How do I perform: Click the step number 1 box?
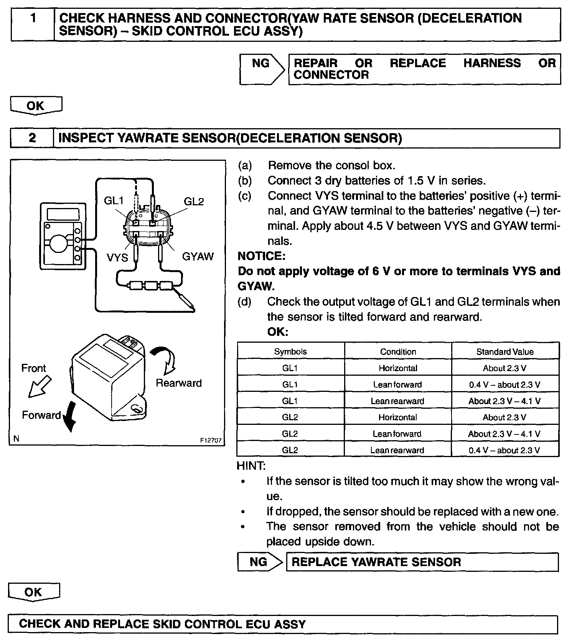point(33,24)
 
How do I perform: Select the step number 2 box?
point(32,138)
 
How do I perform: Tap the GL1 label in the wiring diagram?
point(114,201)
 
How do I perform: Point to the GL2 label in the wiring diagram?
point(194,201)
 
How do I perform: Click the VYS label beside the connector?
point(117,257)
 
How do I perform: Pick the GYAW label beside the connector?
point(198,256)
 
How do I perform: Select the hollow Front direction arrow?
point(40,386)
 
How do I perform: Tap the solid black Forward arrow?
point(69,416)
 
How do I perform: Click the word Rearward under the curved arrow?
point(178,383)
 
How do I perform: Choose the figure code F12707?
point(211,440)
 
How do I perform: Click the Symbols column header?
point(290,352)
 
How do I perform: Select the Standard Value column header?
point(504,352)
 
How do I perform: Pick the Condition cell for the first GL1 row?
point(398,368)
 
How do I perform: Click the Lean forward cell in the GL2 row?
point(397,434)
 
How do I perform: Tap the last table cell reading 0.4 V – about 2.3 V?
point(504,450)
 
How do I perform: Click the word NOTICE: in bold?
point(261,256)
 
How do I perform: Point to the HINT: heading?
point(251,466)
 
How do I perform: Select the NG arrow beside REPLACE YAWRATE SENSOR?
point(260,562)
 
